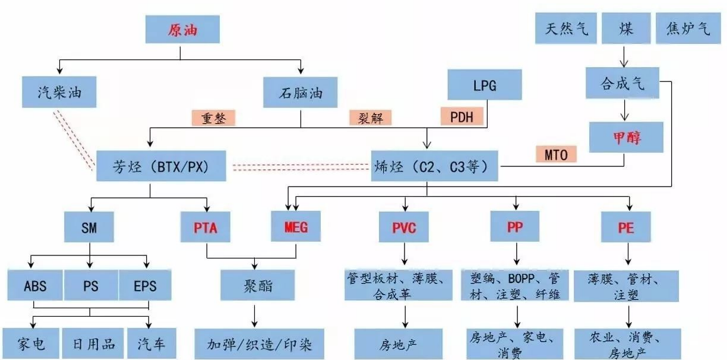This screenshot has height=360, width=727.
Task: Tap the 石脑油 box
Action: [301, 93]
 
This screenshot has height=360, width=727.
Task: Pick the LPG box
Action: [484, 85]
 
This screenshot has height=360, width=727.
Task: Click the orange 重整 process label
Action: [213, 118]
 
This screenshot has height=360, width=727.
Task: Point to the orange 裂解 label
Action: [371, 118]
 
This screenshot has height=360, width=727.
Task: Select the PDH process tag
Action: [462, 116]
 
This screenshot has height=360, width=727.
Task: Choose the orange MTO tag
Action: [556, 154]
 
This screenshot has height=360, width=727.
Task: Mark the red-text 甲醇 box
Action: [626, 137]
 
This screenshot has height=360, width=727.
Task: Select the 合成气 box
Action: [622, 82]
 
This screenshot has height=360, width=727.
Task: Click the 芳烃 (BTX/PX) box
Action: [161, 165]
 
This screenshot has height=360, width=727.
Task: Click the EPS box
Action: [145, 286]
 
